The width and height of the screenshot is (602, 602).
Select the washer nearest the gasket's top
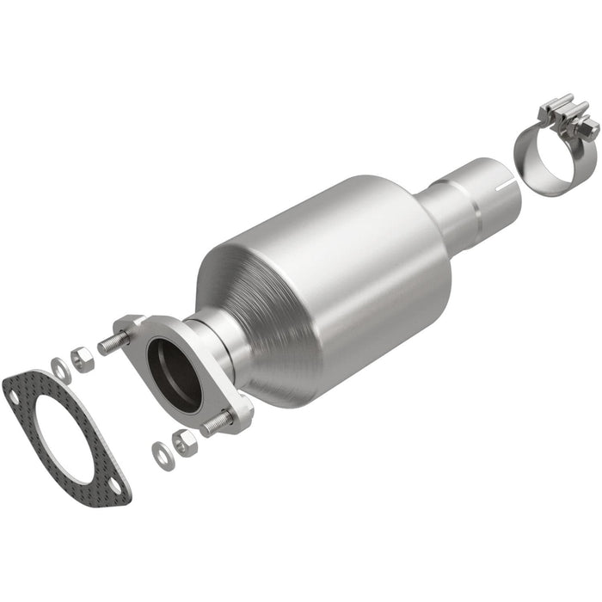coord(60,368)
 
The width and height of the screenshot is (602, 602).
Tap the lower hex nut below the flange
coord(183,442)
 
